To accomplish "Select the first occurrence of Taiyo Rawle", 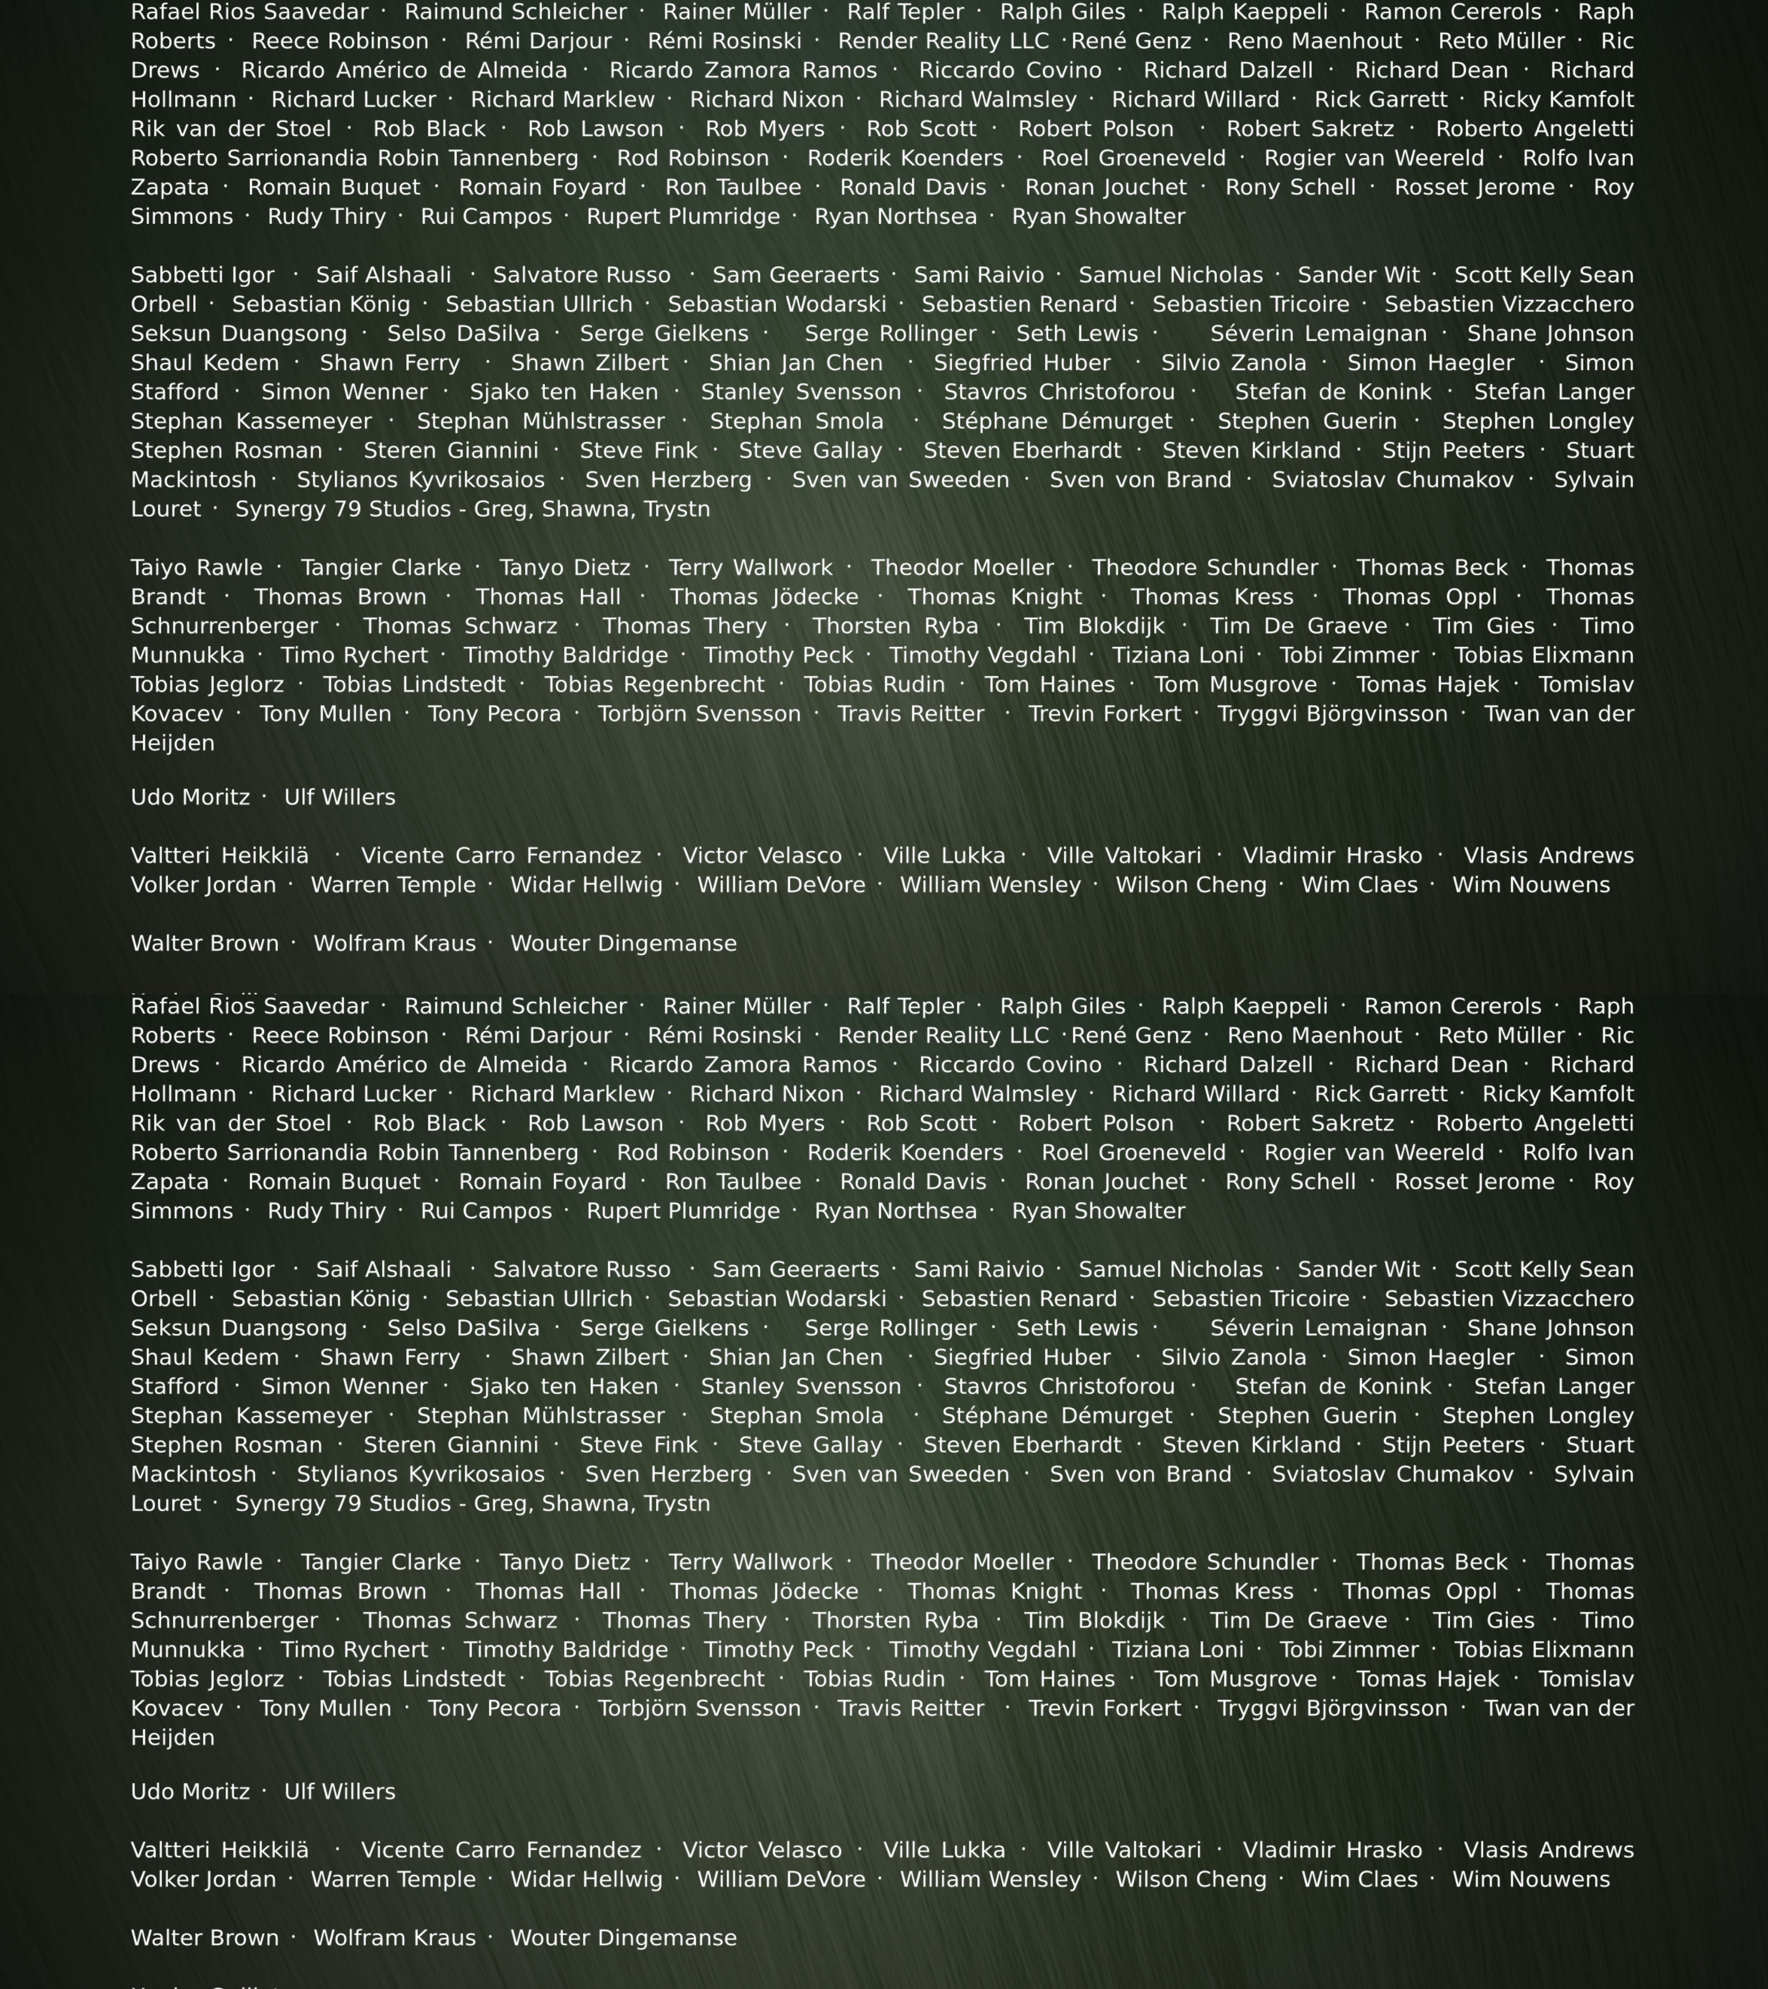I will pos(197,568).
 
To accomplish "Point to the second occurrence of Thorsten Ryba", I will pos(895,1620).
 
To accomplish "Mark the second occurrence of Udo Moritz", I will pos(190,1791).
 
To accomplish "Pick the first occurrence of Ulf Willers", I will pos(339,797).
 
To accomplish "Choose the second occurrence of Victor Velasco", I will pos(762,1850).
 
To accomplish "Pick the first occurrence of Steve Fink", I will pos(638,450).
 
